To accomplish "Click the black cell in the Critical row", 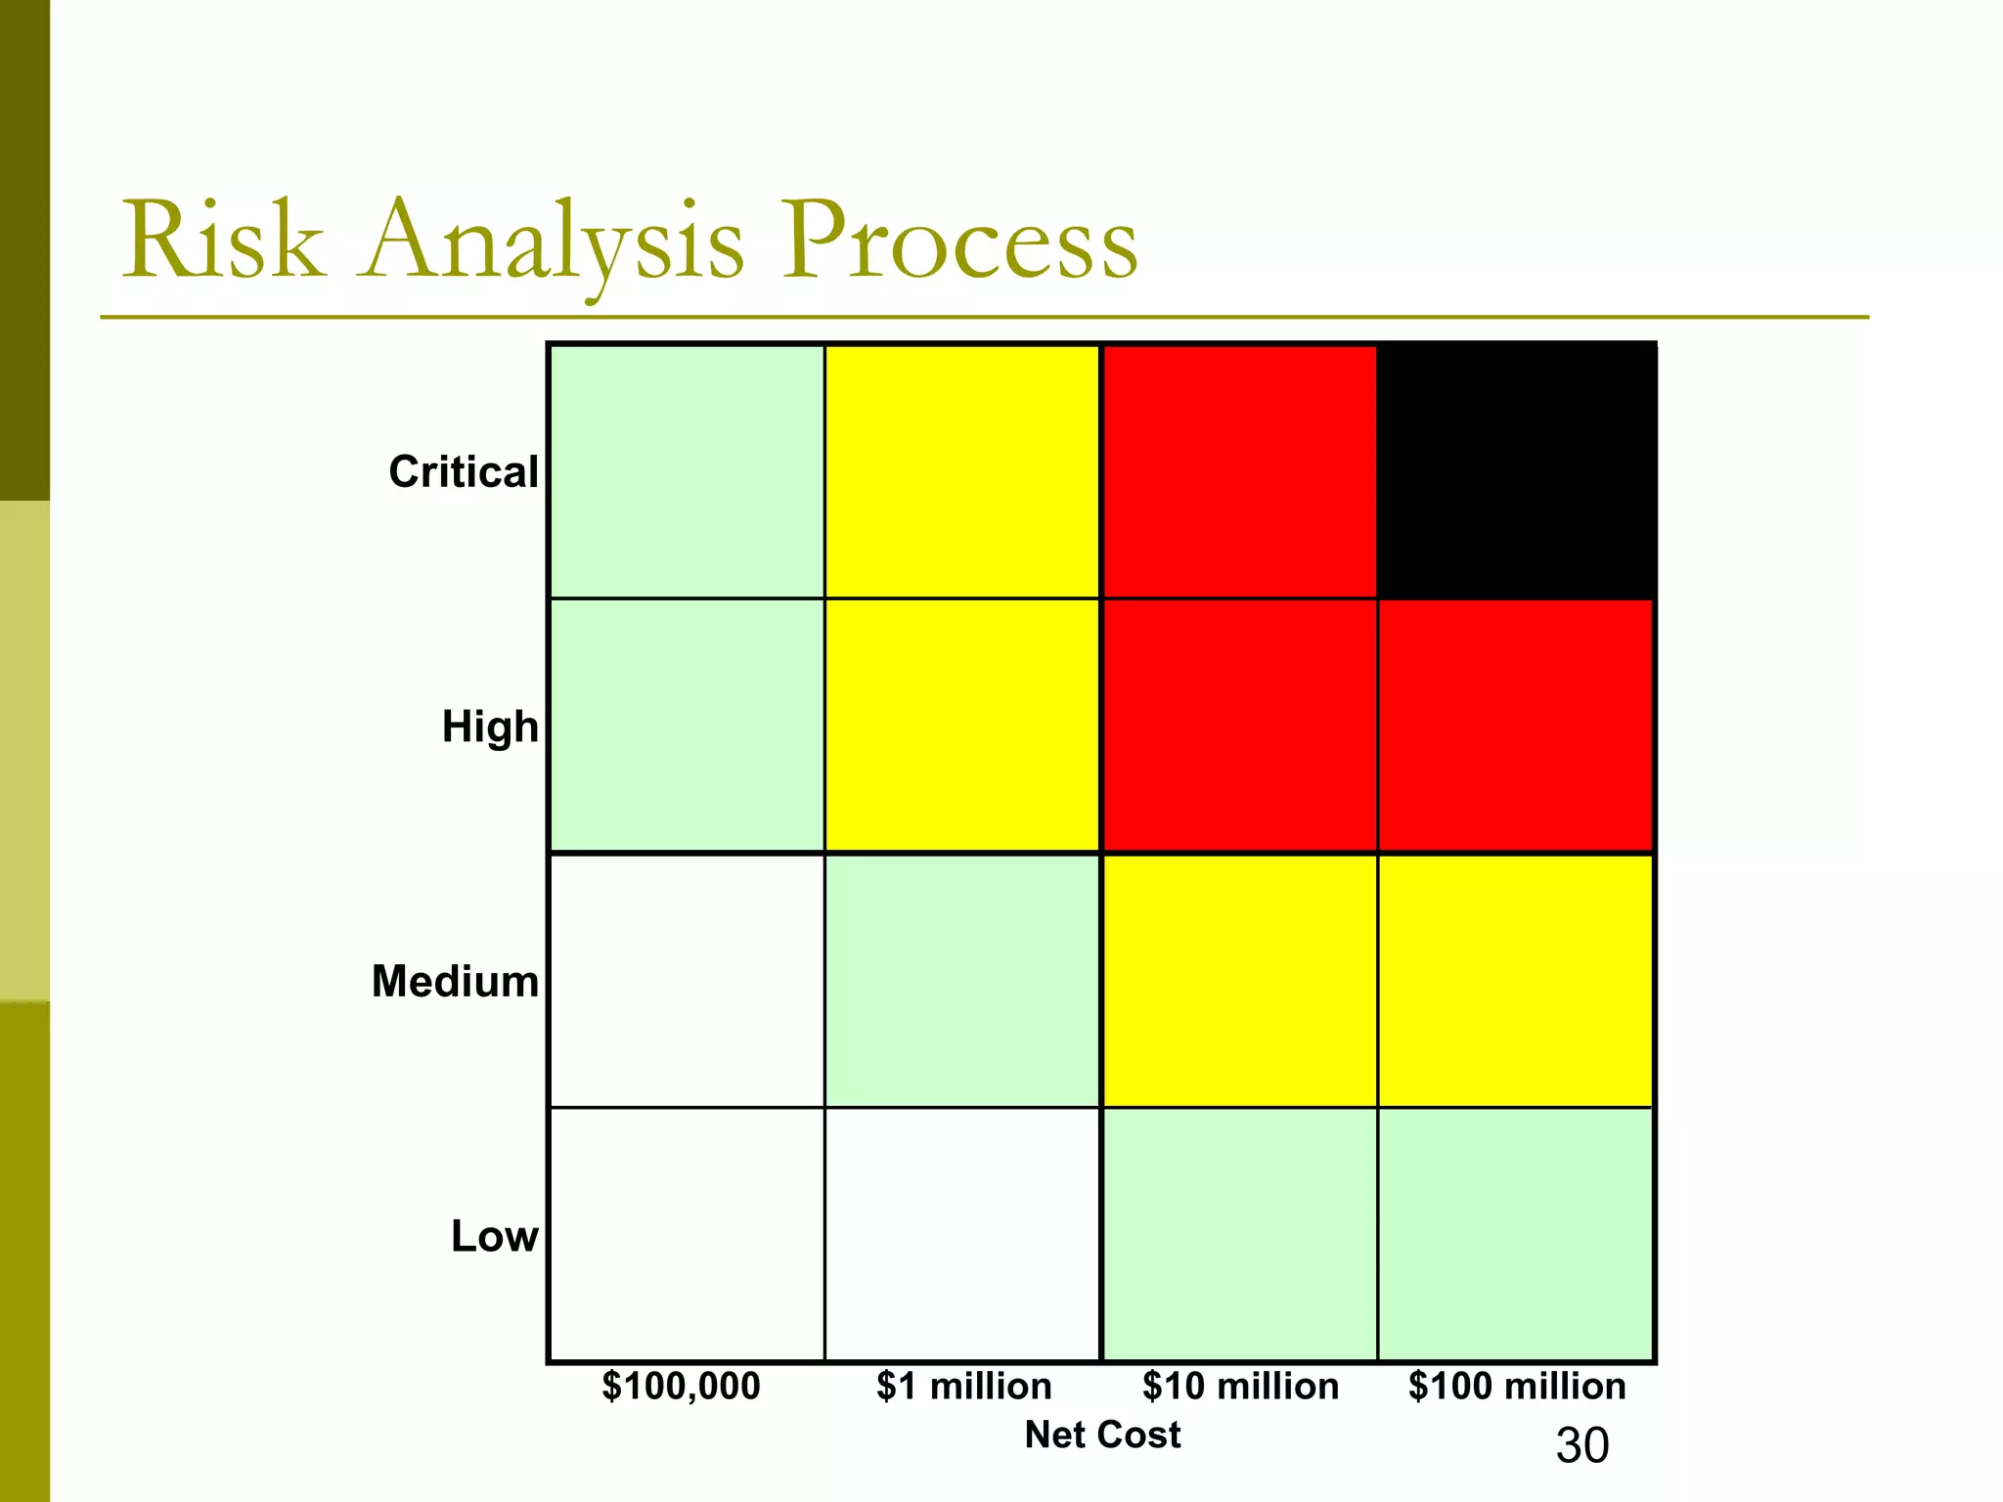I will pyautogui.click(x=1516, y=471).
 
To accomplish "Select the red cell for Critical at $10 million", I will pyautogui.click(x=1239, y=471).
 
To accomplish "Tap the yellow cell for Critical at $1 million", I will pyautogui.click(x=962, y=471).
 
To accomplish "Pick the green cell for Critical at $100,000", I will pyautogui.click(x=687, y=471).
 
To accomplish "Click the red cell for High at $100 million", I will pyautogui.click(x=1516, y=726).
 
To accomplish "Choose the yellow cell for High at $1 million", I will pyautogui.click(x=962, y=726).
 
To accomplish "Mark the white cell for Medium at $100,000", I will pyautogui.click(x=687, y=981).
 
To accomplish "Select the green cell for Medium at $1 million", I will pyautogui.click(x=962, y=981).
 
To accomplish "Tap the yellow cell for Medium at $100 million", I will pyautogui.click(x=1516, y=981).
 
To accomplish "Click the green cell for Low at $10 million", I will pyautogui.click(x=1239, y=1234).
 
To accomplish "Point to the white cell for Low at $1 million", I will pyautogui.click(x=962, y=1234).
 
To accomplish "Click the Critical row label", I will pyautogui.click(x=464, y=472).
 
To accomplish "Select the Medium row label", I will pyautogui.click(x=455, y=982).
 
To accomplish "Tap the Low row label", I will pyautogui.click(x=494, y=1237).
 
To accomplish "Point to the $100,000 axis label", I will pyautogui.click(x=681, y=1387).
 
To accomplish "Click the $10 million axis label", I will pyautogui.click(x=1240, y=1387).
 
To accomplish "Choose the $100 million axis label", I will pyautogui.click(x=1517, y=1387).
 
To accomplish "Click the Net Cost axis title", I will pyautogui.click(x=1102, y=1435).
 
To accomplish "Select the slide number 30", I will pyautogui.click(x=1581, y=1445).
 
